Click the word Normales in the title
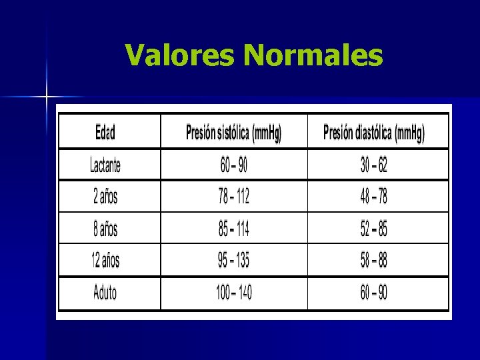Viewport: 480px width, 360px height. [x=313, y=55]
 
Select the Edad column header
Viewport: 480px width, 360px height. [x=105, y=133]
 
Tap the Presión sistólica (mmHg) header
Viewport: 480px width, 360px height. [x=233, y=133]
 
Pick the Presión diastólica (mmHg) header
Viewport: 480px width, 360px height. [x=373, y=133]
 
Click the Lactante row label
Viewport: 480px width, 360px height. [x=105, y=165]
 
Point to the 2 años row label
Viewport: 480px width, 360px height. [x=105, y=197]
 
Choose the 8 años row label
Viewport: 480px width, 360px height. [x=105, y=229]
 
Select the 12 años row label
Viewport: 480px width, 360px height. [x=105, y=261]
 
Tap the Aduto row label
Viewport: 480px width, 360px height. [x=105, y=293]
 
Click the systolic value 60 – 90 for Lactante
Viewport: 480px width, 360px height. [x=233, y=165]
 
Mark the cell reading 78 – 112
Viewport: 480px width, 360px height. [x=233, y=197]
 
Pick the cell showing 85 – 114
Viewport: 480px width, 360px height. [x=233, y=229]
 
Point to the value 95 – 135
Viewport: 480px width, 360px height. [x=233, y=261]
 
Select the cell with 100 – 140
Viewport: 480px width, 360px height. [x=233, y=293]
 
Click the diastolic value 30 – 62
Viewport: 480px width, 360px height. [x=373, y=165]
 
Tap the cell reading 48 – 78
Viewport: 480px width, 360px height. [x=373, y=197]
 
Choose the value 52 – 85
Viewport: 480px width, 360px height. [x=373, y=229]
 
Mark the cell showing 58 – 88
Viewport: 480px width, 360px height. [x=373, y=261]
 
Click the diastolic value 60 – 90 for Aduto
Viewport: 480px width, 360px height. [x=373, y=293]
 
